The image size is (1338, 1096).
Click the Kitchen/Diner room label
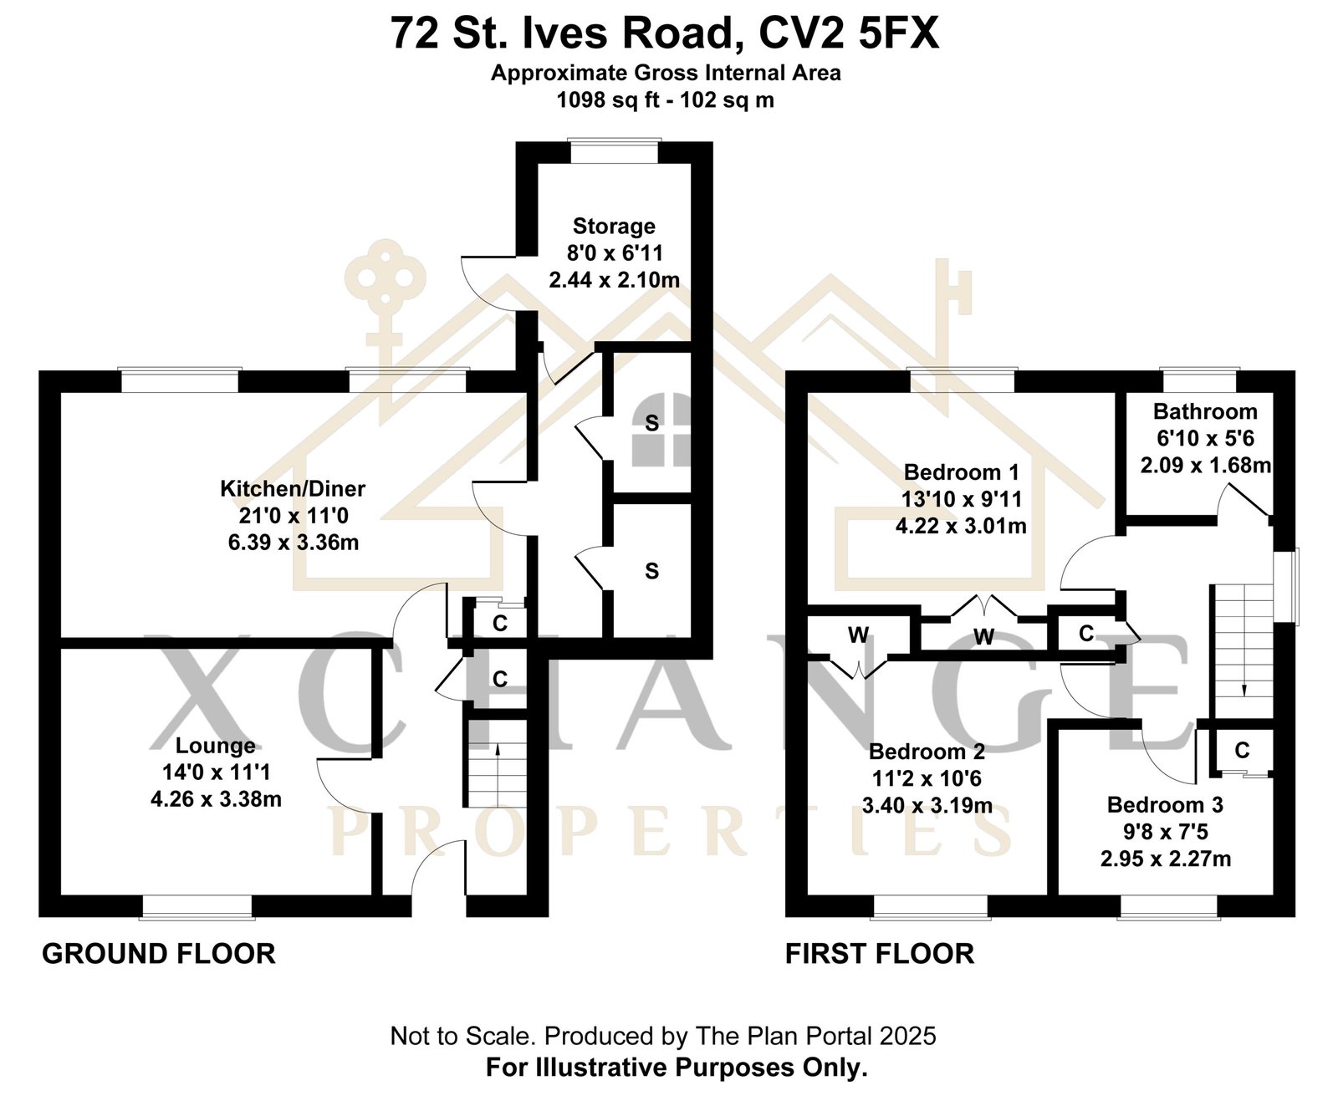[x=293, y=488]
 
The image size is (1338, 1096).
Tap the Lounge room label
[x=216, y=745]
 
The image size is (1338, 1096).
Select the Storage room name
[x=614, y=227]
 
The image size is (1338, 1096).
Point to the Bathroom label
[x=1205, y=411]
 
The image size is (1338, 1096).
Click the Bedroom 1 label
[x=961, y=472]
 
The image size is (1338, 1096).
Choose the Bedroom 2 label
[x=927, y=752]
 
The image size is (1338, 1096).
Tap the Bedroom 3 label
[x=1165, y=805]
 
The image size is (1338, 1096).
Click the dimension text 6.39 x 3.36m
[x=293, y=543]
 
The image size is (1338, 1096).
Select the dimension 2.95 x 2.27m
[x=1166, y=859]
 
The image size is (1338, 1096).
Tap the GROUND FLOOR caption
[x=159, y=954]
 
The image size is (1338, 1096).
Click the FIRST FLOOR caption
[x=879, y=954]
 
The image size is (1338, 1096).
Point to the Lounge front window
[x=197, y=907]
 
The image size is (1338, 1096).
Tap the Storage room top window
[x=614, y=152]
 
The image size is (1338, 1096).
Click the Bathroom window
[x=1200, y=380]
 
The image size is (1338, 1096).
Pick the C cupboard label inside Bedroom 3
[x=1242, y=751]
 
